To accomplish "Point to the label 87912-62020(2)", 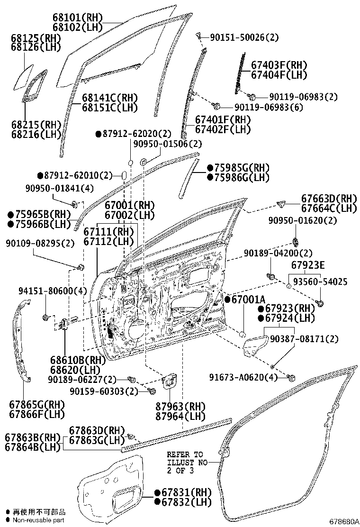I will (x=134, y=134).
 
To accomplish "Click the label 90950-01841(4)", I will (x=60, y=188).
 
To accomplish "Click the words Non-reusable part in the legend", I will (x=38, y=520).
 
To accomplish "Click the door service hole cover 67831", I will (x=111, y=493).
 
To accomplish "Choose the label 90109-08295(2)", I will (x=40, y=243).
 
